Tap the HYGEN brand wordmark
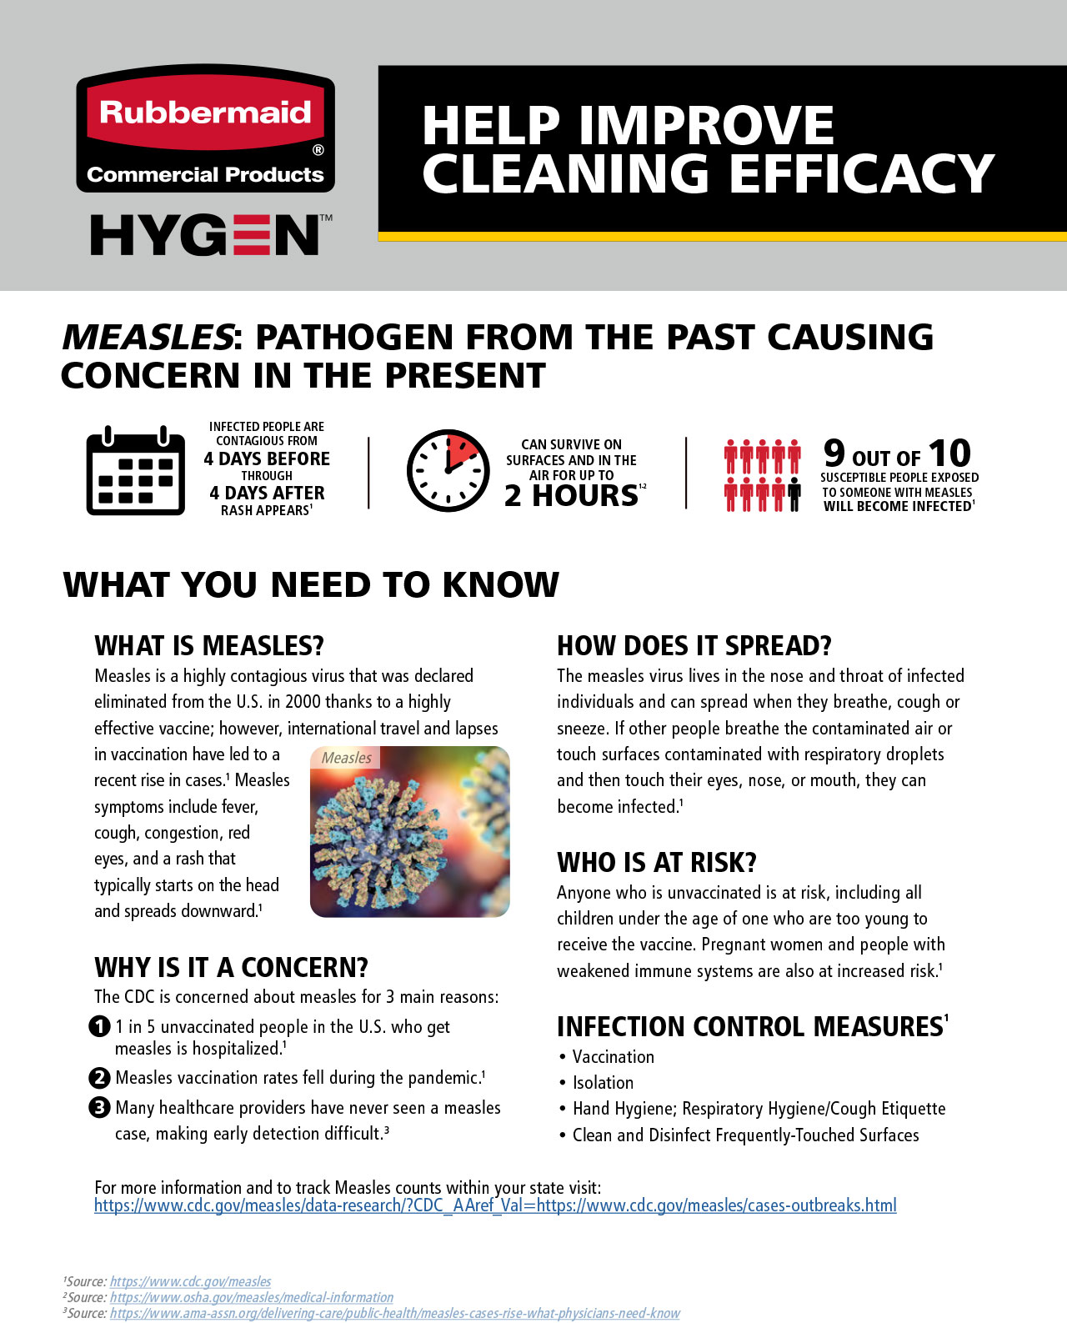(x=206, y=235)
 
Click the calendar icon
(x=136, y=470)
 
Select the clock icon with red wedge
(x=448, y=470)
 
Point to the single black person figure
(x=794, y=494)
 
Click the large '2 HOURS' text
(x=572, y=495)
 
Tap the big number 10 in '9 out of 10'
(x=949, y=454)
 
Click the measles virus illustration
(x=409, y=831)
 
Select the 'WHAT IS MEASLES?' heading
(x=209, y=646)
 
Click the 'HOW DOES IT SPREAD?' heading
(x=694, y=646)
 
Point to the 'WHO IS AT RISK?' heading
(x=657, y=862)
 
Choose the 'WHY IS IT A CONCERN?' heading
(x=231, y=967)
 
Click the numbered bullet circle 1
(x=99, y=1026)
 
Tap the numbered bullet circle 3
(x=99, y=1107)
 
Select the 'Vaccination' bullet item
(x=613, y=1057)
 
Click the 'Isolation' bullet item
(x=603, y=1083)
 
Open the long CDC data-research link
(x=495, y=1205)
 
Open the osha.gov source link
(x=251, y=1297)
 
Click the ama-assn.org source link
(x=394, y=1313)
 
